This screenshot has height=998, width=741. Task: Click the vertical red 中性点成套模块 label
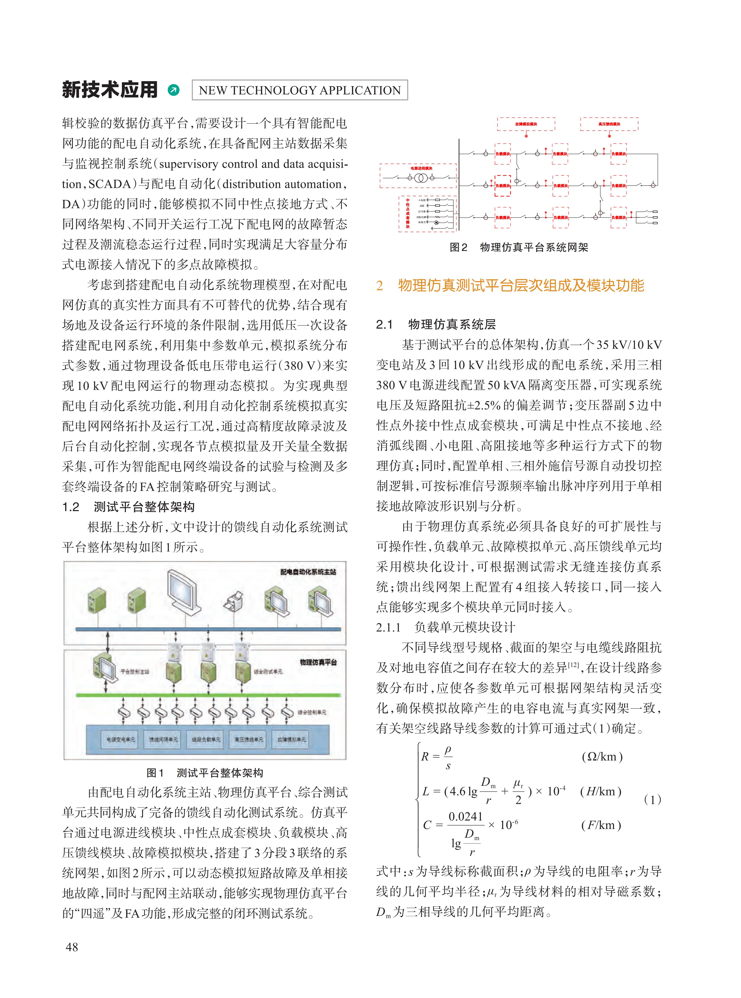408,213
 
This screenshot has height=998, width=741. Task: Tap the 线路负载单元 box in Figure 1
206,739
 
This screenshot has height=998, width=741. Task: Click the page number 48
72,947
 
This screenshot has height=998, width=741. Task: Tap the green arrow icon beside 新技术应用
173,90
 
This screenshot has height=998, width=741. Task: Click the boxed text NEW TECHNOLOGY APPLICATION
300,90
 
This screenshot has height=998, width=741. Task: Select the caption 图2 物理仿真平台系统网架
519,248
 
